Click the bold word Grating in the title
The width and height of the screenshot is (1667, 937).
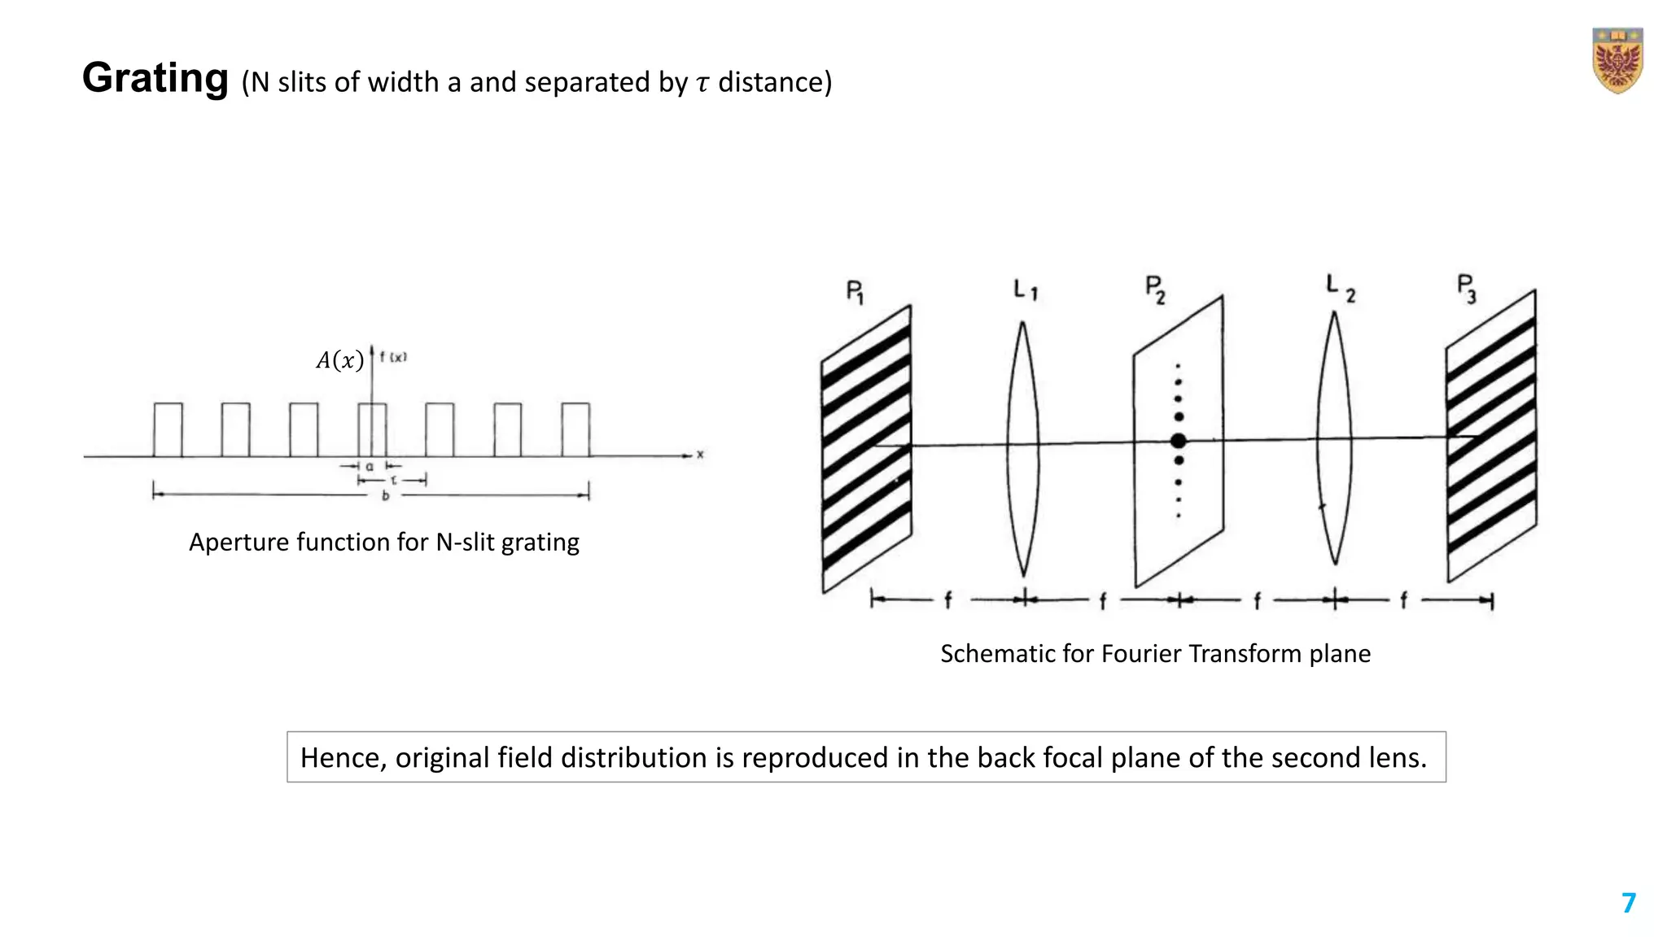coord(155,78)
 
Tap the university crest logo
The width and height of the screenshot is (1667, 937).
coord(1617,61)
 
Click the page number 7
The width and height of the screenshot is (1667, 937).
coord(1628,903)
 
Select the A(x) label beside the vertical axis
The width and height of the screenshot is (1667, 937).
coord(339,360)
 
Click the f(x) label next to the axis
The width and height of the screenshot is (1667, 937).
coord(393,357)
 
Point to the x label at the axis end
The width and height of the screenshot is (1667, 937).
coord(700,455)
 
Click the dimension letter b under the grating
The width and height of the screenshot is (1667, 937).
coord(386,495)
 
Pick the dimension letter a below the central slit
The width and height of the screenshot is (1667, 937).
coord(370,467)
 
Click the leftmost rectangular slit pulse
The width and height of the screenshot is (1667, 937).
coord(168,429)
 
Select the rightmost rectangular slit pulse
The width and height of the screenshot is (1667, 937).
coord(575,429)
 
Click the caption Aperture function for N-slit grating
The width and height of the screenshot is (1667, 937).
coord(383,542)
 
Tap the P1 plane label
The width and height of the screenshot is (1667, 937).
coord(855,291)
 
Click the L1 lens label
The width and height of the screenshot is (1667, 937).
coord(1025,290)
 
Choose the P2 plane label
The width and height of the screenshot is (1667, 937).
coord(1155,289)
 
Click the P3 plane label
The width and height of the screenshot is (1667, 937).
coord(1466,289)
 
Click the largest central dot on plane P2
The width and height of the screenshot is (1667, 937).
coord(1178,441)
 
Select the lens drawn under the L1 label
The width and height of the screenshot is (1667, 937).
coord(1022,447)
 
